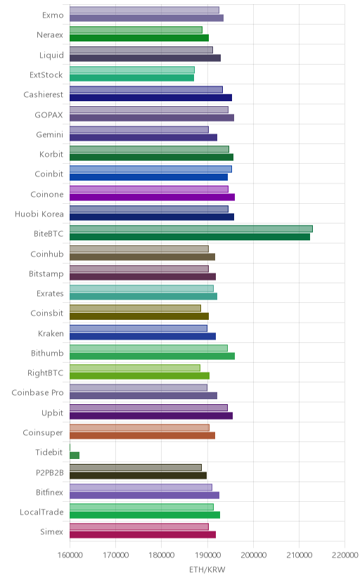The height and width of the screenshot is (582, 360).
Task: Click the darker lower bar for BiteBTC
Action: (190, 237)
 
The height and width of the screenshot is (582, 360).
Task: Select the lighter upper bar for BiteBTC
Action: (191, 228)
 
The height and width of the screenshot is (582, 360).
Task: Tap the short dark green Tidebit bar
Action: (75, 455)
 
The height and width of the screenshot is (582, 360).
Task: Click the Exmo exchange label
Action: (53, 15)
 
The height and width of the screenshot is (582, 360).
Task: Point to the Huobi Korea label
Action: (39, 214)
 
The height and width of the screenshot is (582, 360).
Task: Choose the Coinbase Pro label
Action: (37, 393)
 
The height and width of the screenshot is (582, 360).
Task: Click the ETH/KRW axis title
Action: (207, 569)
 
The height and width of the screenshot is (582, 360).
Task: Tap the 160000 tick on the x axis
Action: (70, 555)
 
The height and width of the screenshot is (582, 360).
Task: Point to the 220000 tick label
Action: (345, 555)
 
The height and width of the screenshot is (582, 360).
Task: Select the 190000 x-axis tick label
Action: (207, 555)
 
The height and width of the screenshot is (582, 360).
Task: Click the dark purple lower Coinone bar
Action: (152, 197)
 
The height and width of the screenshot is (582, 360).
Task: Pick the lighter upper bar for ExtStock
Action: (132, 70)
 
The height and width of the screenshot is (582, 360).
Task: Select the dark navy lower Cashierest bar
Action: (150, 98)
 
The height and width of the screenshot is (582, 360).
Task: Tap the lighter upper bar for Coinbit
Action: (150, 169)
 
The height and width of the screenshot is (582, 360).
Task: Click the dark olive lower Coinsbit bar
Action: (139, 316)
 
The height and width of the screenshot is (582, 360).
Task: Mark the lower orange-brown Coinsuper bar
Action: (142, 435)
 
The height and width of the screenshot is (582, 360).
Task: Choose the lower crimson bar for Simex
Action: (143, 534)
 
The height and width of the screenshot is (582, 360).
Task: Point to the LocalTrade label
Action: (41, 512)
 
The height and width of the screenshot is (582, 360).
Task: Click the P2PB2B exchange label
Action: (50, 472)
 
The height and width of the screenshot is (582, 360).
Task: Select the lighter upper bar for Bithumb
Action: (148, 348)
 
